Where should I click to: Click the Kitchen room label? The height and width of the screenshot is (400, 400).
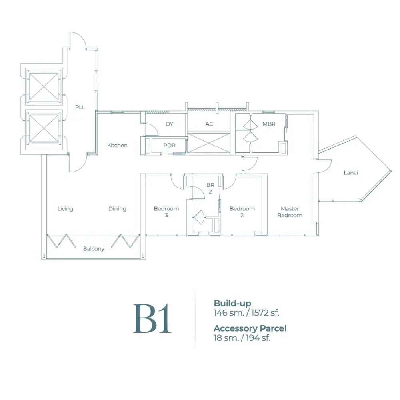tap(117, 146)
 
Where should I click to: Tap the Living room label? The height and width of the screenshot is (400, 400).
tap(65, 209)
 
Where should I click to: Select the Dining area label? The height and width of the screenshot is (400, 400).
tap(117, 209)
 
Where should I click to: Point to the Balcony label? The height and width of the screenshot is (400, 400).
tap(94, 249)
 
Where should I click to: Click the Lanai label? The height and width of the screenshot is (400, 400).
tap(351, 173)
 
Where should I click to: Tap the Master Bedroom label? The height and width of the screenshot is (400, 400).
tap(290, 212)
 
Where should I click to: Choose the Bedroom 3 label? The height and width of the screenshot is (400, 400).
tap(166, 212)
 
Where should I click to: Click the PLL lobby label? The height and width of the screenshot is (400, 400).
tap(80, 107)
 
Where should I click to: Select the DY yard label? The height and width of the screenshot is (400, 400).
tap(169, 124)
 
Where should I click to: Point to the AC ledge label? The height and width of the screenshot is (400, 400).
tap(209, 124)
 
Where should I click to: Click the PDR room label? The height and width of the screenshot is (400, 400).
tap(169, 146)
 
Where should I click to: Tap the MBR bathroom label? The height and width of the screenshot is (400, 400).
tap(269, 124)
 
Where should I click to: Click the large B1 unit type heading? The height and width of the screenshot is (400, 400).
tap(152, 318)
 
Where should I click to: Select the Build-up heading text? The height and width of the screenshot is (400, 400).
tap(232, 303)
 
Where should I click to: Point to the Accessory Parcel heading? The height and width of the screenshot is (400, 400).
tap(250, 328)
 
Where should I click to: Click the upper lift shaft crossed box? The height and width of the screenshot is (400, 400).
tap(44, 86)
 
